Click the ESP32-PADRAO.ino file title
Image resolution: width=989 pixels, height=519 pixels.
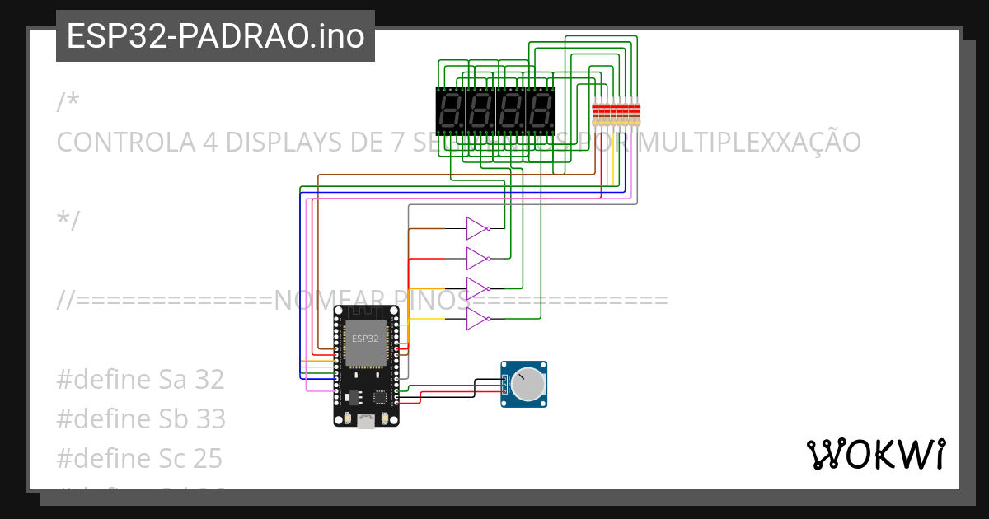pos(215,36)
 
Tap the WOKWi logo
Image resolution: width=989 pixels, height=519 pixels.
pos(875,454)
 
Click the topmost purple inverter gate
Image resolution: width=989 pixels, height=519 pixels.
pos(477,228)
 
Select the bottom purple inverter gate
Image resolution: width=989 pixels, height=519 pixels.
pos(477,319)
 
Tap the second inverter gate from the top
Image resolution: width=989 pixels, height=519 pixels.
pos(477,259)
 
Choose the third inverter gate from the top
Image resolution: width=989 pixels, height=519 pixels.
pos(477,289)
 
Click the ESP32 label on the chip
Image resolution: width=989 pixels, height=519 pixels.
pos(365,339)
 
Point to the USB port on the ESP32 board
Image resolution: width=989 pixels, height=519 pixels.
pos(366,421)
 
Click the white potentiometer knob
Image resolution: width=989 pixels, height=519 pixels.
pos(527,385)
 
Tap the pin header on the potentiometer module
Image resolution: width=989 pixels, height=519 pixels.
pos(504,385)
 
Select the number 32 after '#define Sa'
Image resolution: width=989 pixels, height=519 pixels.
pos(209,380)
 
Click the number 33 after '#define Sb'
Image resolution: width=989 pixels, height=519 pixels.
pos(210,419)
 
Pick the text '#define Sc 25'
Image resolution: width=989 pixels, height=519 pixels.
pos(139,458)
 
